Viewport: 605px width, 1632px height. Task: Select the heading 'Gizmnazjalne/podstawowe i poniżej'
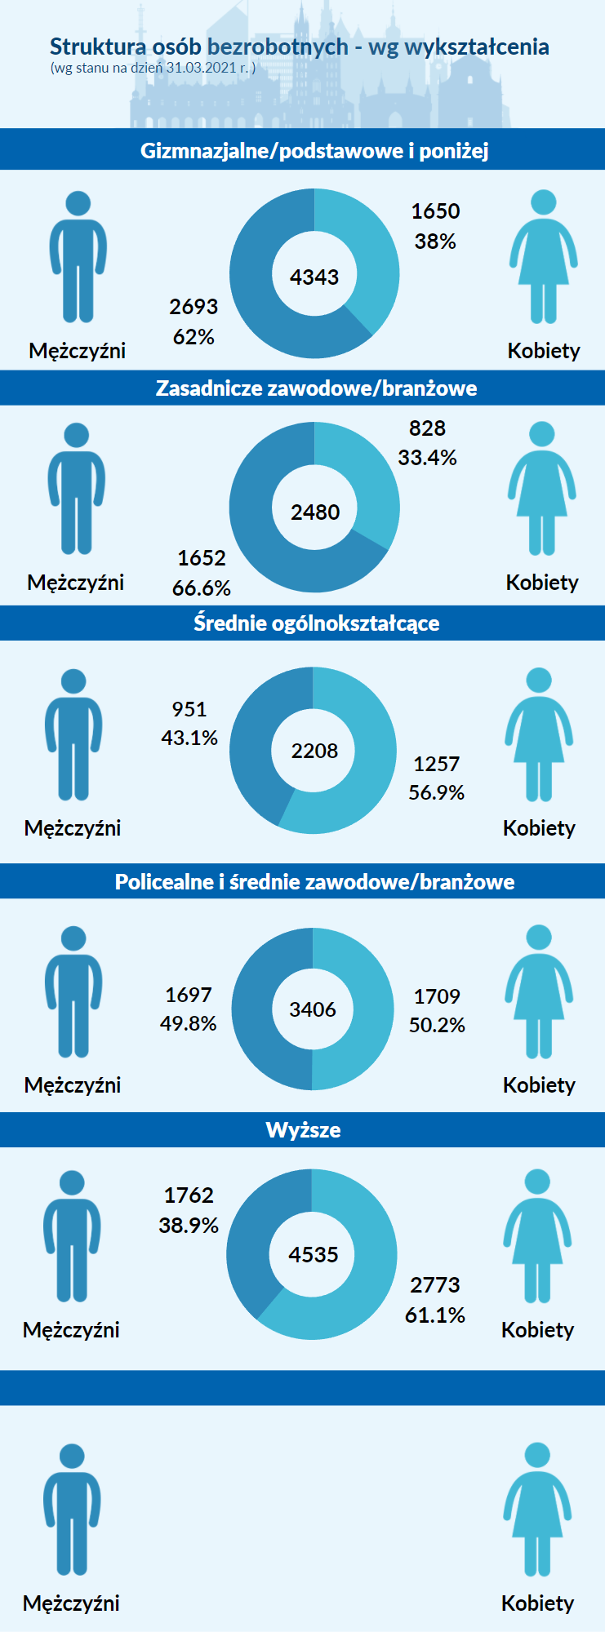(314, 151)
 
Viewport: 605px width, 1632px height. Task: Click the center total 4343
(314, 277)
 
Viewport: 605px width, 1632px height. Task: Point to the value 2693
(194, 307)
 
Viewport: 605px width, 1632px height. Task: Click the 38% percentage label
(435, 242)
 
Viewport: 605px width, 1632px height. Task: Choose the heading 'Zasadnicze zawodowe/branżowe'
(316, 388)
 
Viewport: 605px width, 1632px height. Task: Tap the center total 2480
(315, 512)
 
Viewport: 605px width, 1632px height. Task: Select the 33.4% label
(427, 458)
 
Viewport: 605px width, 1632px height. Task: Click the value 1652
(202, 558)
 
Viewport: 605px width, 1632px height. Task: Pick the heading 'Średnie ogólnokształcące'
(316, 623)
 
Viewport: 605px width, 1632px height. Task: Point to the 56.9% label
(436, 792)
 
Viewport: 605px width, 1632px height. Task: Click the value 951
(189, 709)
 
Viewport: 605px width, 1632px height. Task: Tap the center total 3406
(313, 1009)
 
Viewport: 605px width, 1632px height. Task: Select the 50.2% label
(437, 1025)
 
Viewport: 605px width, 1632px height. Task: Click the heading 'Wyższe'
(303, 1130)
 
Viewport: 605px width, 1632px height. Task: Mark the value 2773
(435, 1285)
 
